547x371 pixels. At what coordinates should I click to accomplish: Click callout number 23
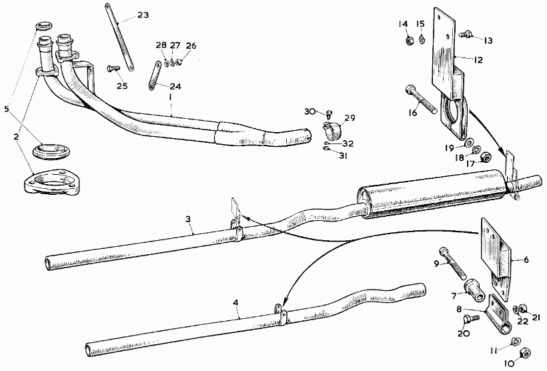coord(144,15)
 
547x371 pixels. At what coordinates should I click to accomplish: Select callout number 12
coord(479,59)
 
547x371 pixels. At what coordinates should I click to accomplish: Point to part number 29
coord(350,118)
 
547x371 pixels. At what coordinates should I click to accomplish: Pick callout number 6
coord(526,260)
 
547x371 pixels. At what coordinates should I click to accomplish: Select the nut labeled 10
coord(525,351)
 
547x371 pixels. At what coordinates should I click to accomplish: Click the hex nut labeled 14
coord(409,39)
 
